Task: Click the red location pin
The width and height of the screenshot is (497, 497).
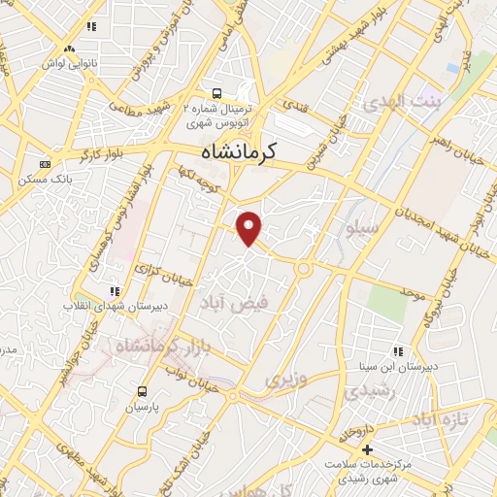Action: coord(250,227)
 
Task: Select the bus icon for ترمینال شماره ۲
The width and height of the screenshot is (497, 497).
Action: coord(215,95)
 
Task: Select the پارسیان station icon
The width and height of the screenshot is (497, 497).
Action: coord(143,391)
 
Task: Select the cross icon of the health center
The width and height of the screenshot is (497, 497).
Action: coord(367,449)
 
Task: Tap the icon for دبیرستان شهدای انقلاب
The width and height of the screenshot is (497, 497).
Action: coord(115,290)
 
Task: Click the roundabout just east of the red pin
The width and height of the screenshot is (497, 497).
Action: coord(304,268)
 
